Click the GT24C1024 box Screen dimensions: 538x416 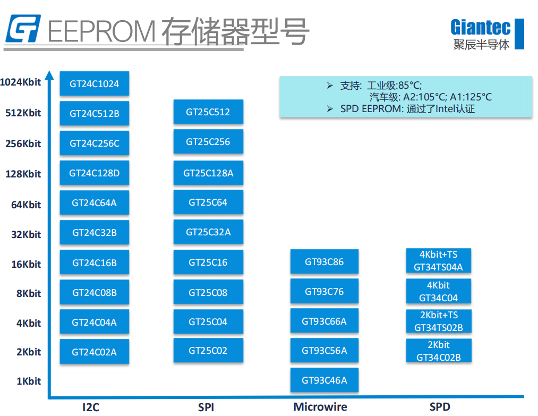[x=95, y=83]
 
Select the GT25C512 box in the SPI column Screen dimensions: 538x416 [x=208, y=112]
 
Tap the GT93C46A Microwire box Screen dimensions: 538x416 [x=324, y=380]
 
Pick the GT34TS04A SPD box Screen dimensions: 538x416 [x=439, y=260]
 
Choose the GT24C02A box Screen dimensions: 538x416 [x=95, y=352]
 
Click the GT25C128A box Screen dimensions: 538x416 [x=208, y=173]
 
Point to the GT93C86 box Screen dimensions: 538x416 [x=324, y=261]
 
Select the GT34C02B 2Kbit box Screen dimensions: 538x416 [x=439, y=351]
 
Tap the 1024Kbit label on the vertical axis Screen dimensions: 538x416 [x=21, y=82]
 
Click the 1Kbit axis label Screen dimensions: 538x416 [x=29, y=381]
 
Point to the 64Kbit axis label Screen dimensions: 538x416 [x=26, y=205]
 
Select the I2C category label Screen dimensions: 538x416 [x=91, y=407]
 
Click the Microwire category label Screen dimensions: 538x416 [x=320, y=407]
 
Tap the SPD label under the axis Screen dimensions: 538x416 [x=440, y=407]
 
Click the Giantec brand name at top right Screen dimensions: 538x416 [x=480, y=27]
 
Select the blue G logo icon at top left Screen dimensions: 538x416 [x=23, y=29]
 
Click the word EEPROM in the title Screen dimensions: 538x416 [x=101, y=31]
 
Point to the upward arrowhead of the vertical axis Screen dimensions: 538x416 [x=50, y=75]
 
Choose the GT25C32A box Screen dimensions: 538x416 [x=208, y=232]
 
